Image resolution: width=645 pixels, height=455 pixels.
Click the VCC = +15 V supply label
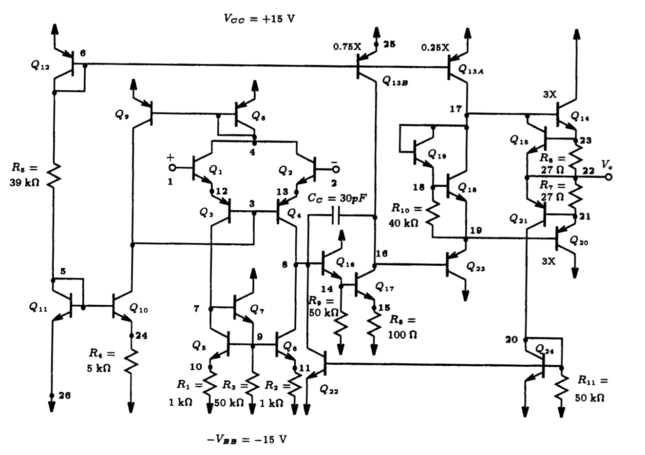[259, 19]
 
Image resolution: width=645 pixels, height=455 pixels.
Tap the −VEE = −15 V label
[247, 439]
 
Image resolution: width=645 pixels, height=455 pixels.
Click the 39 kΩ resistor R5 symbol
[54, 175]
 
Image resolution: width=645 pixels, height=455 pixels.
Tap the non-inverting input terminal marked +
[171, 168]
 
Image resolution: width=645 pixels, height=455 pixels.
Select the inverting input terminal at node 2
[335, 169]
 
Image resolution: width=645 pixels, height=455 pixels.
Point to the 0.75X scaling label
[347, 47]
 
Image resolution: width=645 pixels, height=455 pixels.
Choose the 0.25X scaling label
[435, 47]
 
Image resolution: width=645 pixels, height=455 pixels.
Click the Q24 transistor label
[545, 349]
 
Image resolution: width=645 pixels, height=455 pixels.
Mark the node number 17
[455, 109]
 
